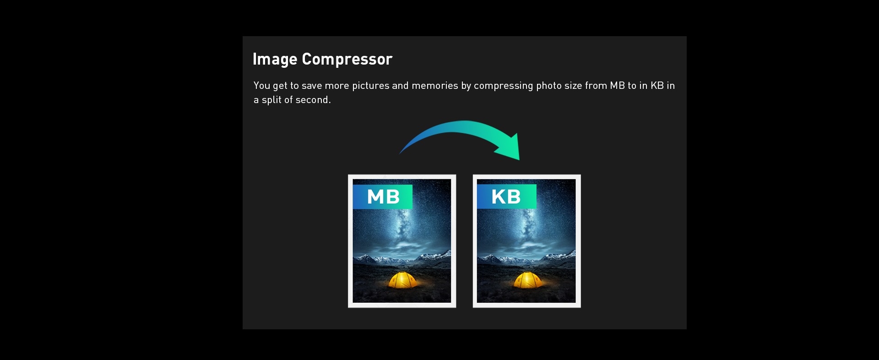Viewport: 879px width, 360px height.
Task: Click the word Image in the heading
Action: click(x=275, y=60)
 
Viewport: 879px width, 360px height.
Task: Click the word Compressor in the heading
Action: click(x=347, y=60)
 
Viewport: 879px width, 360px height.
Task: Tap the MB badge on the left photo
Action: click(x=383, y=196)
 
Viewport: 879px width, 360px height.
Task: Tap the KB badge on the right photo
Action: click(x=507, y=196)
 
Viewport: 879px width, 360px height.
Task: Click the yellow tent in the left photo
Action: click(x=403, y=280)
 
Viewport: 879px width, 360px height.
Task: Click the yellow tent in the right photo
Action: click(x=527, y=280)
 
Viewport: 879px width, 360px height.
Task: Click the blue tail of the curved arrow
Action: click(x=414, y=140)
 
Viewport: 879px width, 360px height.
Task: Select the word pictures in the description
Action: click(x=370, y=86)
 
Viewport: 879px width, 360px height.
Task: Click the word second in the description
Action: click(x=312, y=100)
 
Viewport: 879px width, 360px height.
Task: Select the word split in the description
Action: click(x=271, y=100)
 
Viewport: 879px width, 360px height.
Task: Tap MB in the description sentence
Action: click(x=617, y=86)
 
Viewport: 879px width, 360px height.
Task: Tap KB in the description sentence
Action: click(x=657, y=86)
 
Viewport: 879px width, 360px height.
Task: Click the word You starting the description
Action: click(x=262, y=86)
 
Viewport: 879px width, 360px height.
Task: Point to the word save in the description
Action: click(x=311, y=86)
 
